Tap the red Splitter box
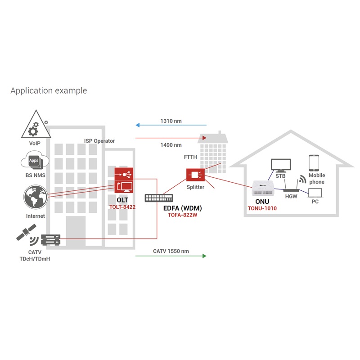[x=195, y=175]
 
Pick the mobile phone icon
[x=314, y=163]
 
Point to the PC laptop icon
[x=315, y=193]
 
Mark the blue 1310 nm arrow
[x=171, y=126]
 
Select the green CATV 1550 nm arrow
[x=171, y=256]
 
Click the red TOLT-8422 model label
[x=122, y=207]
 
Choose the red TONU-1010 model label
[x=262, y=208]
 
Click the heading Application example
[x=49, y=90]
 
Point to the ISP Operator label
[x=99, y=141]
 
